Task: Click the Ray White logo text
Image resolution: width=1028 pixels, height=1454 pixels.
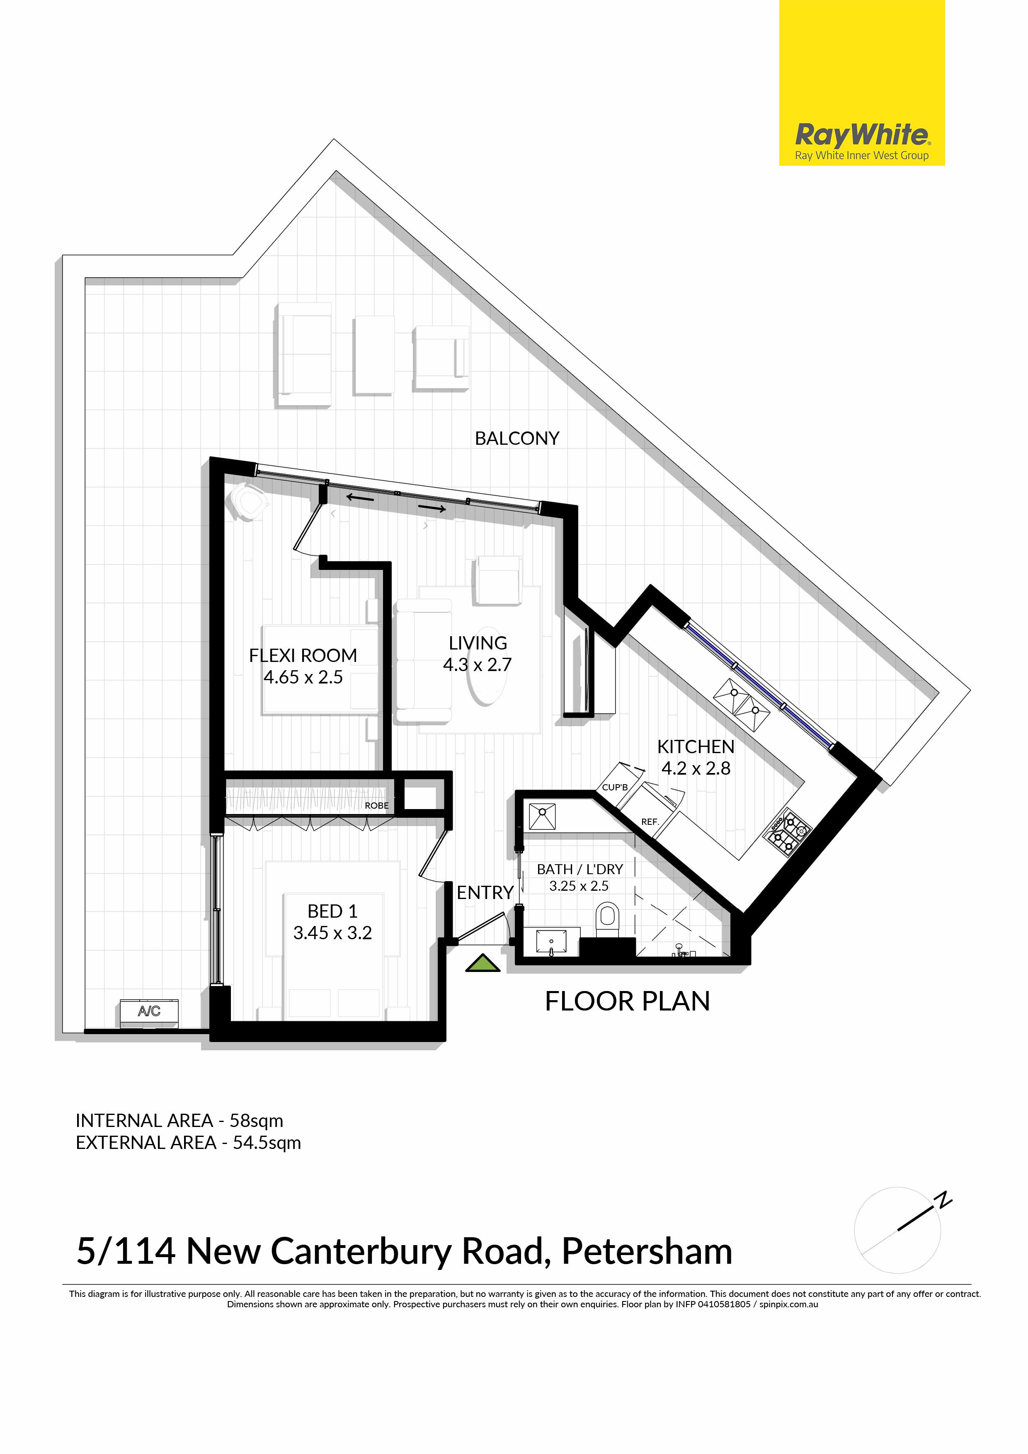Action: pyautogui.click(x=862, y=134)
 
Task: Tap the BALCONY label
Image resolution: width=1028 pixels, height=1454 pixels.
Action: pyautogui.click(x=517, y=438)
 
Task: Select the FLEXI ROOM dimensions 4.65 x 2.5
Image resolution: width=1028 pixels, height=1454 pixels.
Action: pyautogui.click(x=303, y=677)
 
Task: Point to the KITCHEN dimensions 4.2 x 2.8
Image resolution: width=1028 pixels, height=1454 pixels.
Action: pyautogui.click(x=696, y=768)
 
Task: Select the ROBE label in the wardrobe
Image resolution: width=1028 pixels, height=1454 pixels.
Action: pyautogui.click(x=377, y=805)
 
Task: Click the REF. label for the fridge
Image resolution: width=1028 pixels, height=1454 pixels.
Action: pyautogui.click(x=650, y=822)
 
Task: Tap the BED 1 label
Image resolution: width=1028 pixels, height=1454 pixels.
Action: pyautogui.click(x=332, y=911)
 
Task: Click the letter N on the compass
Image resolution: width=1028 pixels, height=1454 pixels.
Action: pyautogui.click(x=944, y=1200)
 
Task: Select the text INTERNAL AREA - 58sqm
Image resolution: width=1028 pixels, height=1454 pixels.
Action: pyautogui.click(x=179, y=1121)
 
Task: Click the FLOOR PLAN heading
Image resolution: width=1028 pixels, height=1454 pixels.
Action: pyautogui.click(x=628, y=1001)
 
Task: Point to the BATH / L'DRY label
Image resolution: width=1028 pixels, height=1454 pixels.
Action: pyautogui.click(x=580, y=870)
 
